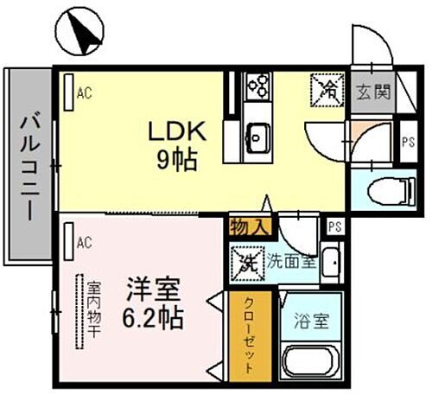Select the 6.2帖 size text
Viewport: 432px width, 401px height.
(153, 317)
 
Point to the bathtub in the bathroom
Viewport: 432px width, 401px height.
(313, 362)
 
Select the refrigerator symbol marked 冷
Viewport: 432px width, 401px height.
(328, 86)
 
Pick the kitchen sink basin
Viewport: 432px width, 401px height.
(256, 134)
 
